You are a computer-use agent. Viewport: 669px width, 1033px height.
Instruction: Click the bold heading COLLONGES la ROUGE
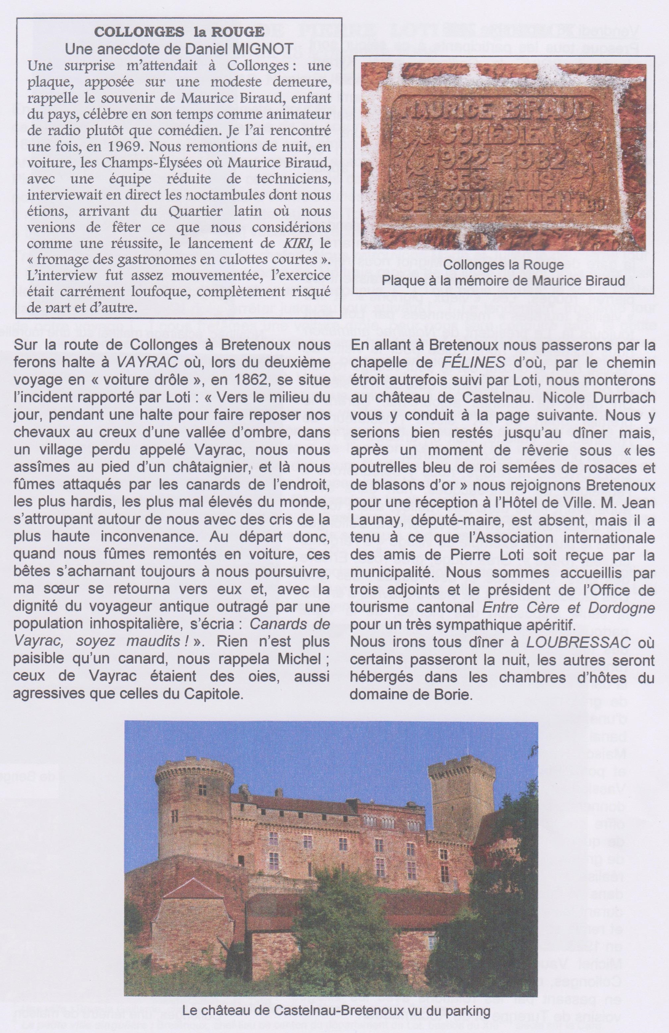point(179,32)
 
